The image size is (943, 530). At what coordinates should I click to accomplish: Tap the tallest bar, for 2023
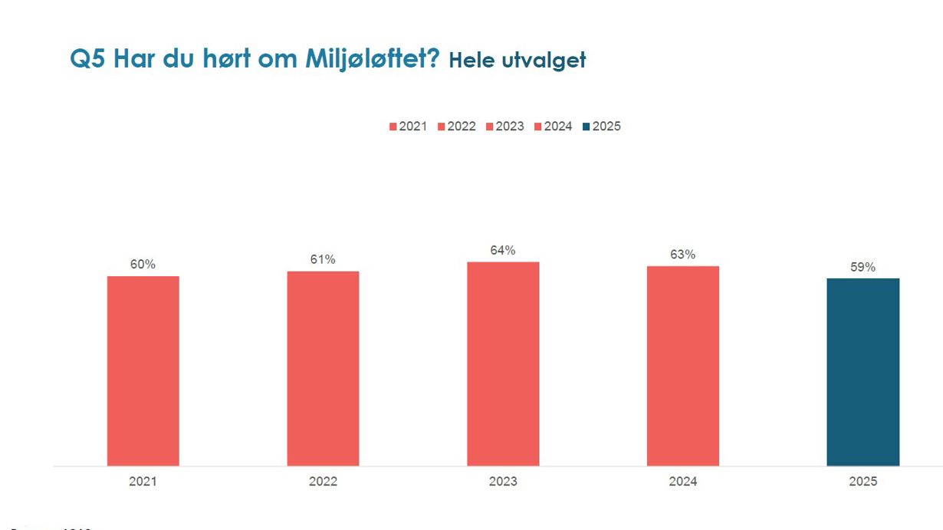503,364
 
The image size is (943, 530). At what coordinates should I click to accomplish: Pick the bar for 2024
683,366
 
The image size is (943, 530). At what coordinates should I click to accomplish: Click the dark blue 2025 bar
863,372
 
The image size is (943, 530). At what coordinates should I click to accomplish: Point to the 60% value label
143,265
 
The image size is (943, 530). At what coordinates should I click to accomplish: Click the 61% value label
323,260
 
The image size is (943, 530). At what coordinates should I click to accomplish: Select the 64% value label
503,251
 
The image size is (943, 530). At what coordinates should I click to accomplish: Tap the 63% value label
683,255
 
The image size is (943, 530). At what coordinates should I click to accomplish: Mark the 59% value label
863,267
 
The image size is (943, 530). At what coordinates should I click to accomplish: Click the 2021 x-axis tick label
143,482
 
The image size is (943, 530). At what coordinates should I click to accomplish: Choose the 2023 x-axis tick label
503,482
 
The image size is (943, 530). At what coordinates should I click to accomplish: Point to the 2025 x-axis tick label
863,482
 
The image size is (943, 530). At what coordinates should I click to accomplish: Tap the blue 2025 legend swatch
586,127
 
